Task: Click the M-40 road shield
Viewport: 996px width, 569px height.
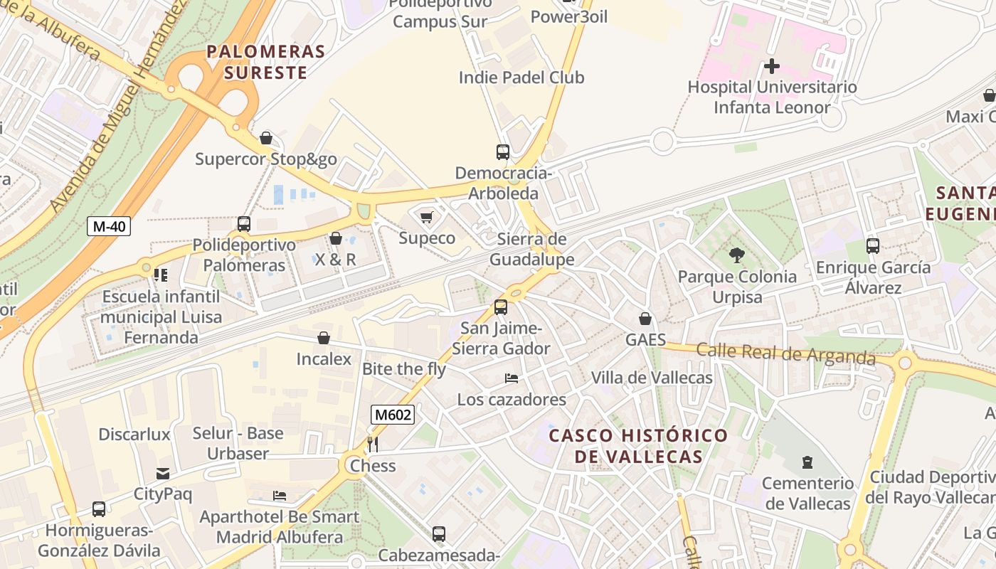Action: coord(109,227)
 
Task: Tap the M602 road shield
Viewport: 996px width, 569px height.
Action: coord(392,415)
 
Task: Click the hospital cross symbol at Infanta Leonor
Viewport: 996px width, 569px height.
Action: coord(771,67)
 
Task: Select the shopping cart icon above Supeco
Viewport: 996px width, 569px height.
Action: coord(426,217)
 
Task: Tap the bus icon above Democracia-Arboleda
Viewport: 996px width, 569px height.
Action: coord(502,152)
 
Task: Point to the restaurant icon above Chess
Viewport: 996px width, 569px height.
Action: coord(372,445)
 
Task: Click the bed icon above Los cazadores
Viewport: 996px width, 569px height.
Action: coord(511,378)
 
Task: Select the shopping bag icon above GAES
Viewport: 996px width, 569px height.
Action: coord(645,319)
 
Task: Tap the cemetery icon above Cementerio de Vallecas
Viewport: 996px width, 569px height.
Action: coord(807,463)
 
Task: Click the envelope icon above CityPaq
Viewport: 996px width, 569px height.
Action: coord(163,474)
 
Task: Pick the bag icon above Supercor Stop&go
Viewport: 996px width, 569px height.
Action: coord(266,138)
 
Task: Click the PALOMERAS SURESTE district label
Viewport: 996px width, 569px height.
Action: coord(265,62)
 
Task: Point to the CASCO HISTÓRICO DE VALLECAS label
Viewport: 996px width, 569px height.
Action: coord(638,446)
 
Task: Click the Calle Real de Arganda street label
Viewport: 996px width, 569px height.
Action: coord(785,353)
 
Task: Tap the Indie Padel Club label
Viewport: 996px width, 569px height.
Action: coord(521,78)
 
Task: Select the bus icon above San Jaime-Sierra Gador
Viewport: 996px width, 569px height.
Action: coord(501,307)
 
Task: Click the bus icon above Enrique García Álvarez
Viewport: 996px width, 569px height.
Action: coord(872,246)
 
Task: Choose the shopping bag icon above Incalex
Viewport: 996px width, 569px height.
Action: coord(324,338)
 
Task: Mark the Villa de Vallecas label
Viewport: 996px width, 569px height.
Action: coord(652,378)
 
